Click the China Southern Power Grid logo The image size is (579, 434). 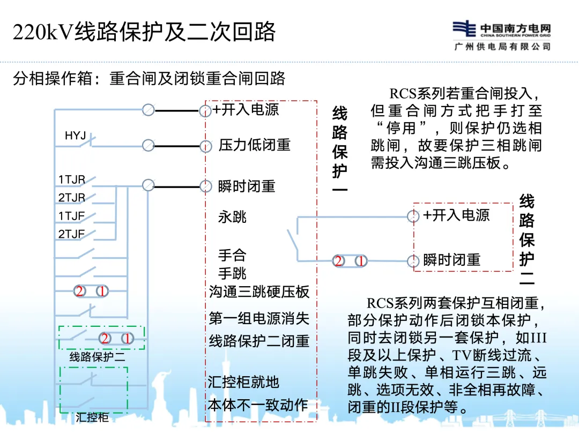(502, 35)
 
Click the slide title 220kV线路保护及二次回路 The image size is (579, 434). (144, 32)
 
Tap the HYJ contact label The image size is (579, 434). (76, 136)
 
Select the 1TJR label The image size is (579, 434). (72, 180)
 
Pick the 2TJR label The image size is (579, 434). (72, 198)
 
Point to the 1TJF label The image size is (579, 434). (72, 216)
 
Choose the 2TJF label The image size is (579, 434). (72, 234)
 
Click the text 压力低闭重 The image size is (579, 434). (254, 145)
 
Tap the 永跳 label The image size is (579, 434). (232, 217)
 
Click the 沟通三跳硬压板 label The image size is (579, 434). (259, 292)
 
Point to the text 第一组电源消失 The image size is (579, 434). (259, 319)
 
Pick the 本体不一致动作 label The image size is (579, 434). (258, 405)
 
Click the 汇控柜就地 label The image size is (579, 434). (244, 381)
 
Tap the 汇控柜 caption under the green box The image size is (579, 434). (92, 417)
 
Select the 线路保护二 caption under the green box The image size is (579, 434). (97, 356)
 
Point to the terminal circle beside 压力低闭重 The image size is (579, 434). (205, 146)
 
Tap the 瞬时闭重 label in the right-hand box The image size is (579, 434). (451, 260)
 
